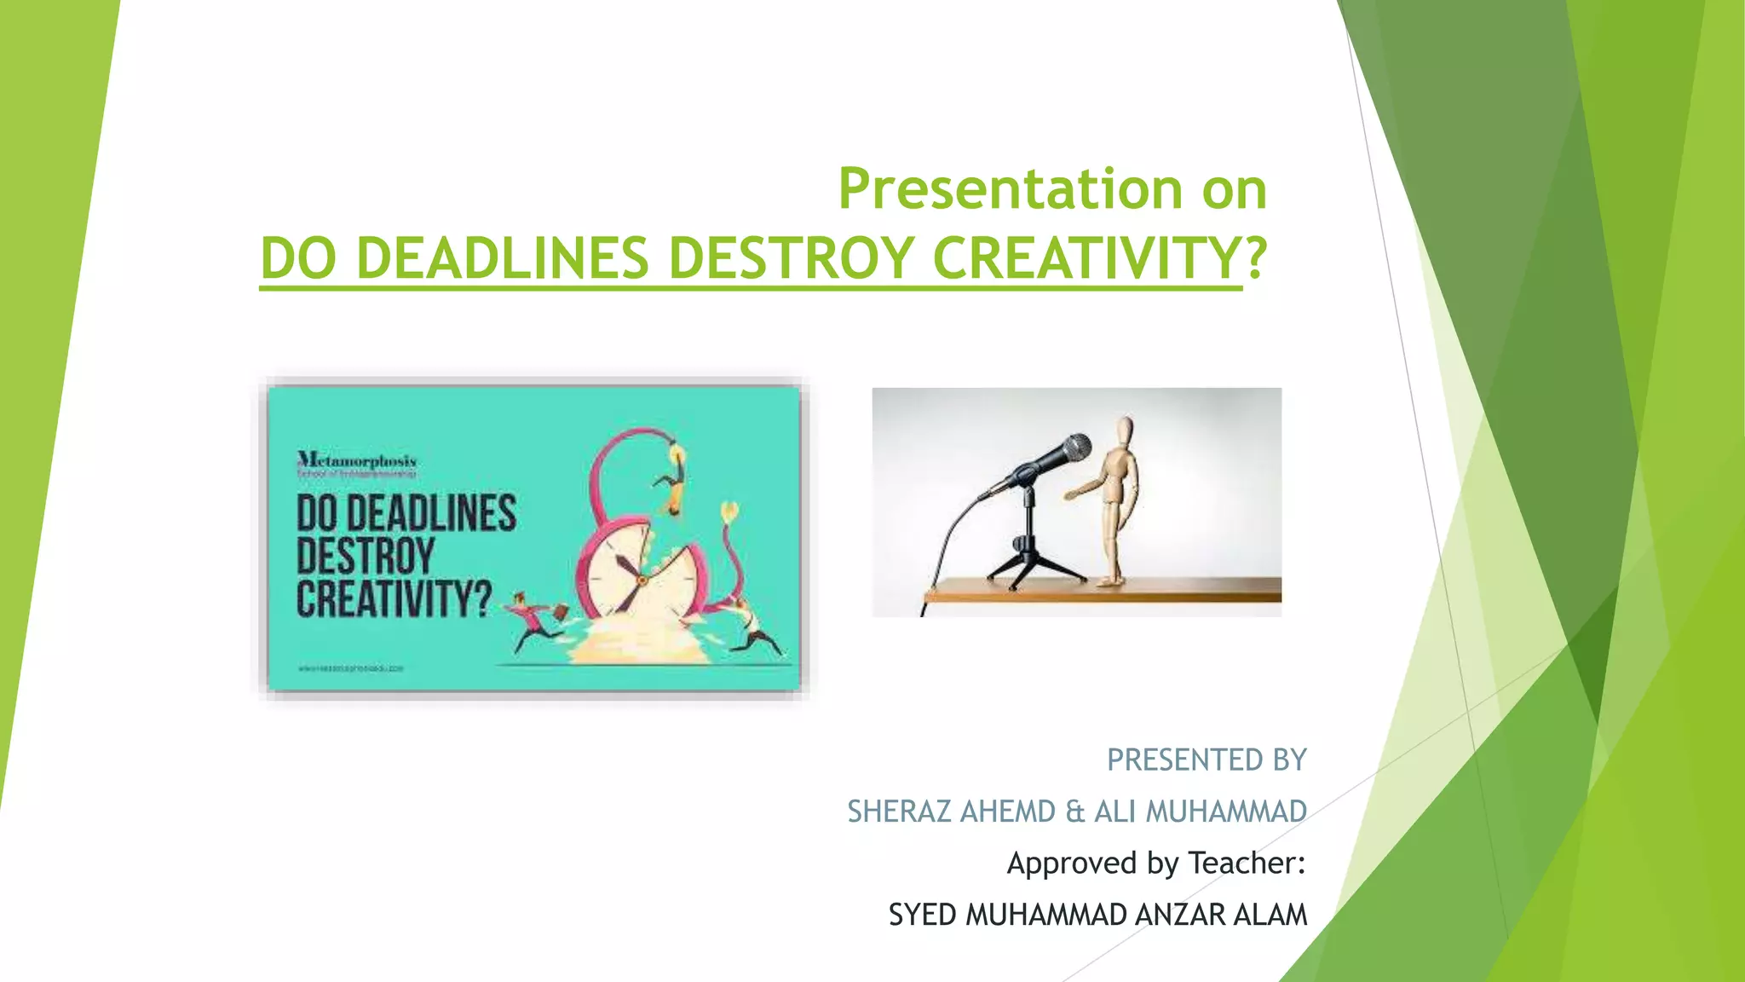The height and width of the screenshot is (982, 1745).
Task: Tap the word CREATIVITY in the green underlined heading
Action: click(1086, 258)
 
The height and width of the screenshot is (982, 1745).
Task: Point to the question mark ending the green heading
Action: click(1255, 258)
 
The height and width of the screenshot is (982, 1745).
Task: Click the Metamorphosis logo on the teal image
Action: click(357, 463)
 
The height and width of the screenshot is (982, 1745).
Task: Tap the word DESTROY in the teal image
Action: click(366, 557)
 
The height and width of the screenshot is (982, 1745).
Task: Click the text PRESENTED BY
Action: click(1206, 760)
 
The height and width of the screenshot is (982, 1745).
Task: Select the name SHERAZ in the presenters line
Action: click(898, 812)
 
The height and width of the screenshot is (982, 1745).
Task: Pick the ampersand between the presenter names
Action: click(1074, 812)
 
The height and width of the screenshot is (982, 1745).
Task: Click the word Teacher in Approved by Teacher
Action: click(1246, 863)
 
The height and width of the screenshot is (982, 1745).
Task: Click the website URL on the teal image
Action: click(350, 668)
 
